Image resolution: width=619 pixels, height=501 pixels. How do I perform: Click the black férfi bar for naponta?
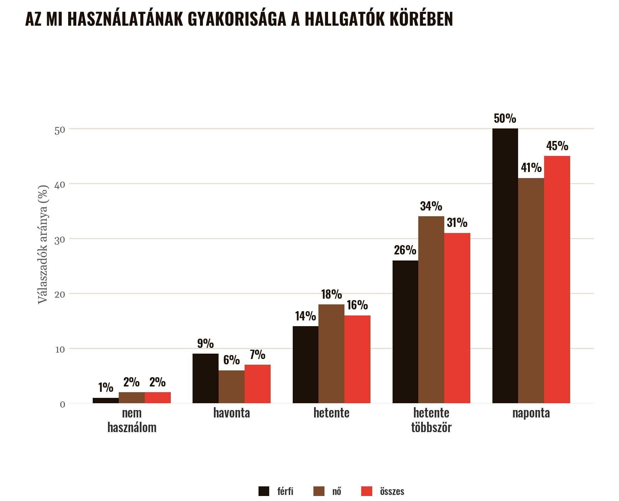505,266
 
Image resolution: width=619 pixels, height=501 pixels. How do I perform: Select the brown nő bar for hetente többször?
431,310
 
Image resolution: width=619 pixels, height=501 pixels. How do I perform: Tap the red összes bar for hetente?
357,359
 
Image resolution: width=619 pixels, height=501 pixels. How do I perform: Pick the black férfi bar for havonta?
205,378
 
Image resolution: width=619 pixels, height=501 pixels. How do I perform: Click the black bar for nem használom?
106,400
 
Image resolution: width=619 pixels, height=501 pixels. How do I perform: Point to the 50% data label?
505,118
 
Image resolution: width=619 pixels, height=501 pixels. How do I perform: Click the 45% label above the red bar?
557,146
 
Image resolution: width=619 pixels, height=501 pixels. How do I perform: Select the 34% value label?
431,206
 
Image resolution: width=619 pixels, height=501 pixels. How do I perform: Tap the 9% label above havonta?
205,344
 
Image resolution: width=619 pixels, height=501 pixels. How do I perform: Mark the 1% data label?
106,388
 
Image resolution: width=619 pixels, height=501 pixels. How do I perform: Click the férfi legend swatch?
264,491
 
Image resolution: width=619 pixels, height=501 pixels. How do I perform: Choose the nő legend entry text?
337,491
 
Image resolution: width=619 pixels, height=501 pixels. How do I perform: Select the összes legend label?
392,491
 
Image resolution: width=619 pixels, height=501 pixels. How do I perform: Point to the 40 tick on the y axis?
60,184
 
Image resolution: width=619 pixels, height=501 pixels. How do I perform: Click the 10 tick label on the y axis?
60,349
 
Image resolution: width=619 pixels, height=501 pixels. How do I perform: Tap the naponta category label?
531,413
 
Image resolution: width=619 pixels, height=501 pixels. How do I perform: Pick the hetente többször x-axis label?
431,420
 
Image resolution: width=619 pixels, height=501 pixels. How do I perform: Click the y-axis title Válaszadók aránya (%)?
43,244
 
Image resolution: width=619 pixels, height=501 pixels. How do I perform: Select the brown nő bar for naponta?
531,290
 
